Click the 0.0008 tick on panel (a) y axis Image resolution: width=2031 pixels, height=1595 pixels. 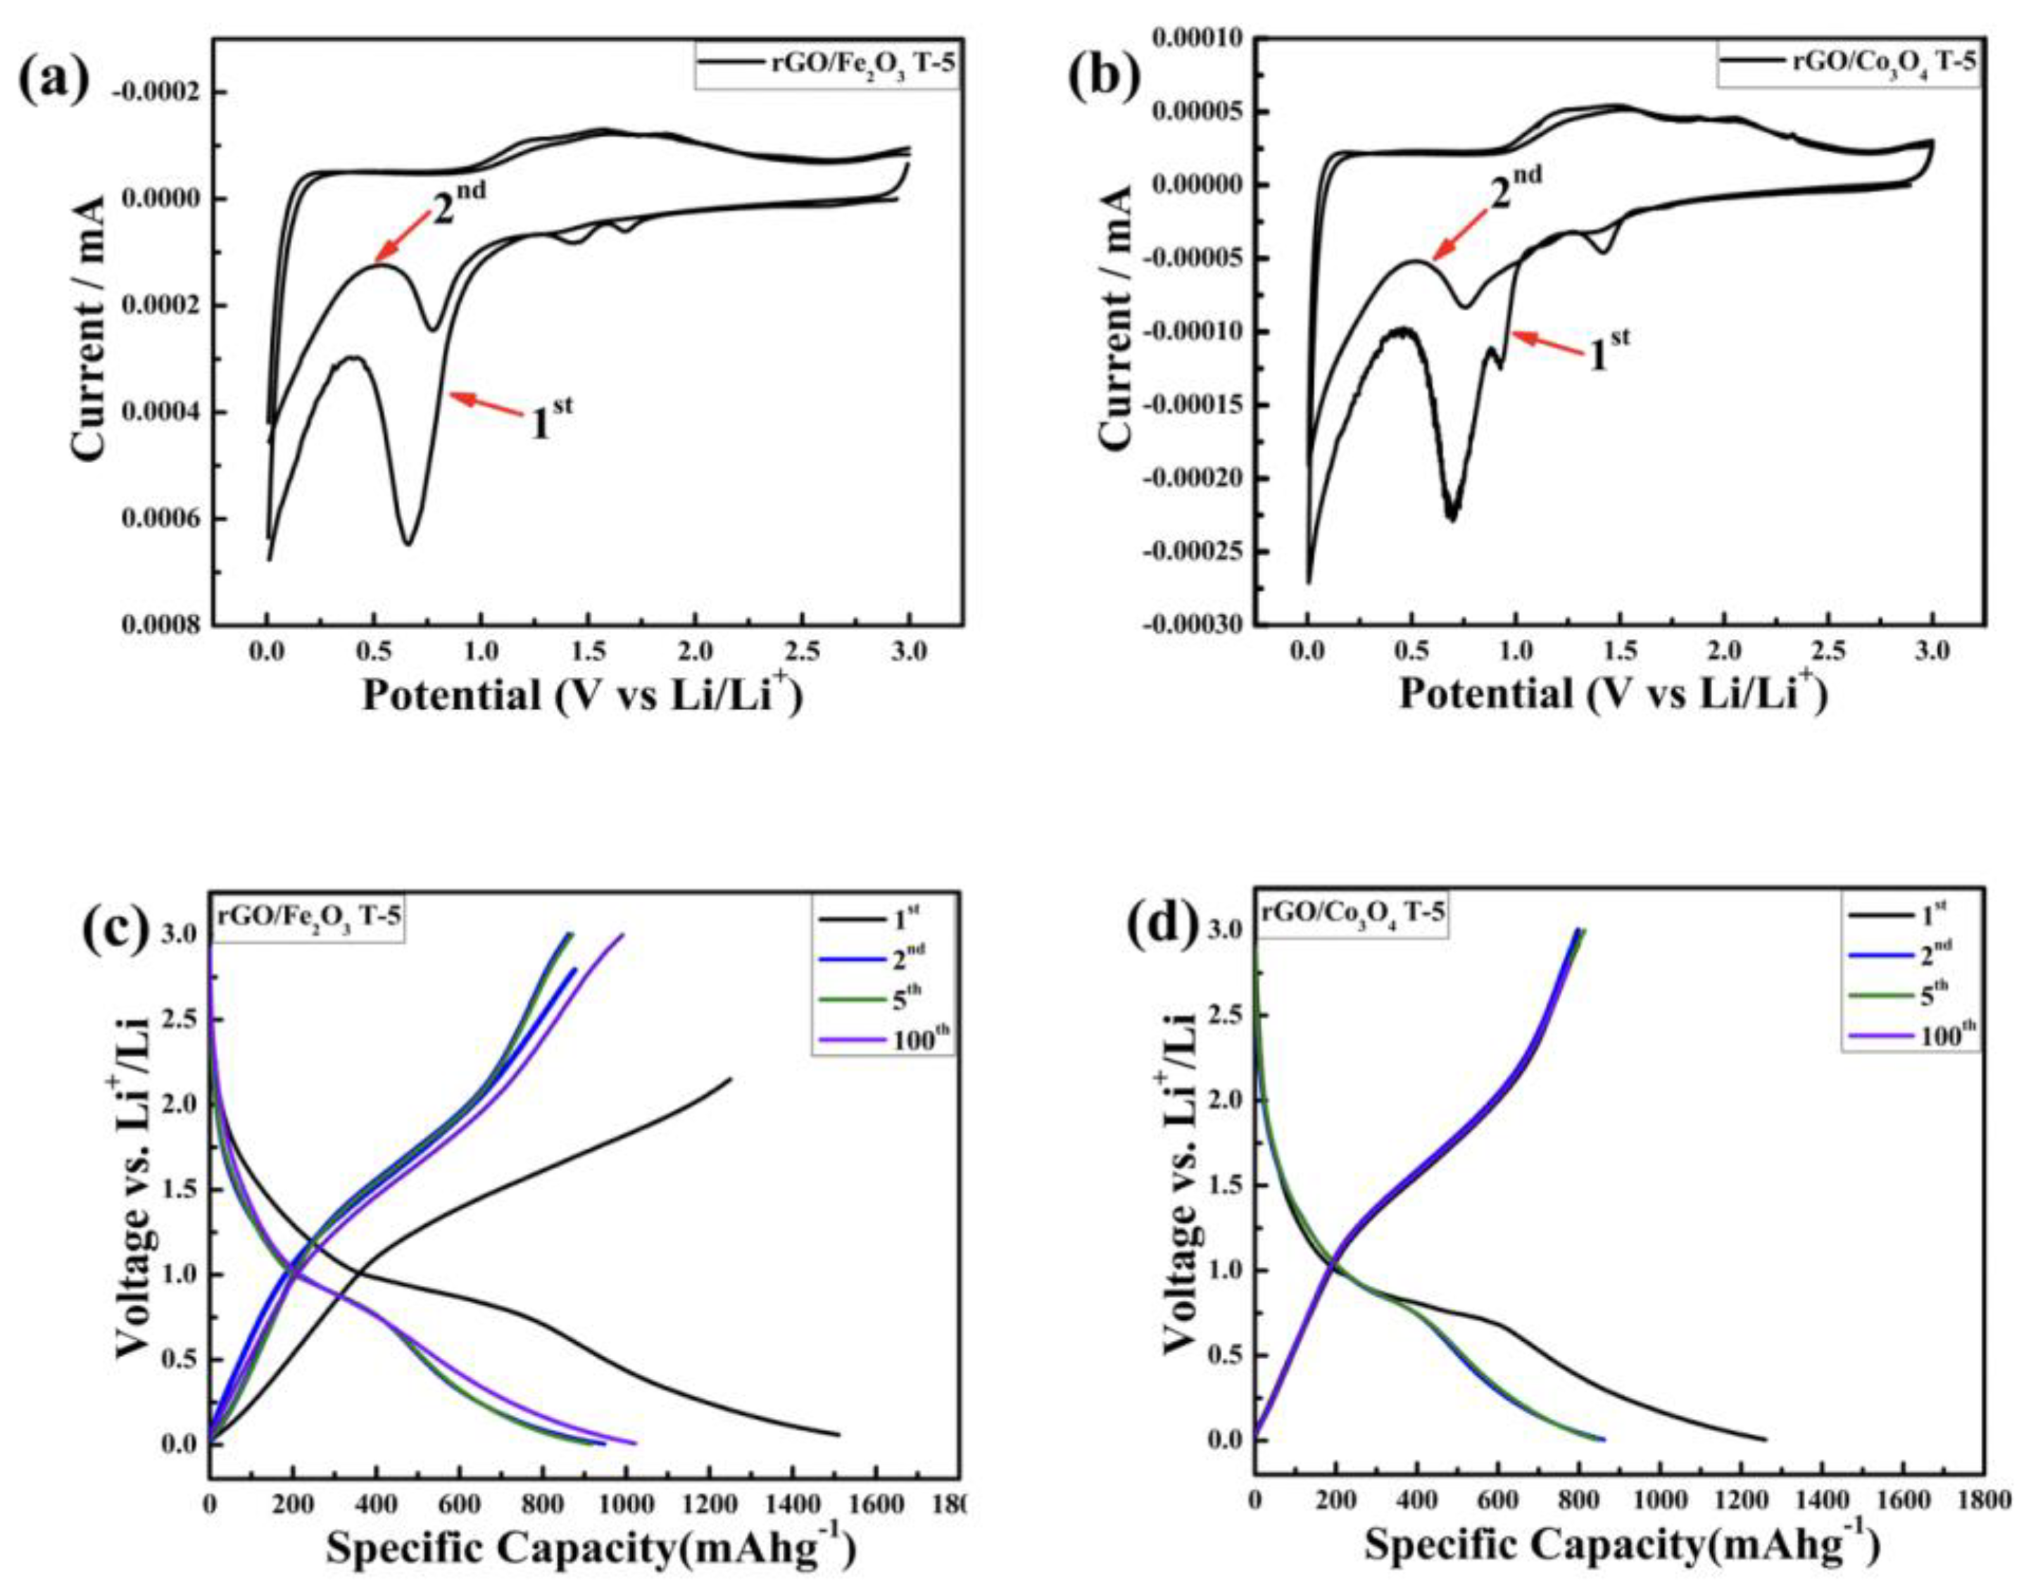click(x=160, y=625)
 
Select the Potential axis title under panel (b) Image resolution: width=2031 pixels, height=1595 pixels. click(x=1611, y=695)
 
